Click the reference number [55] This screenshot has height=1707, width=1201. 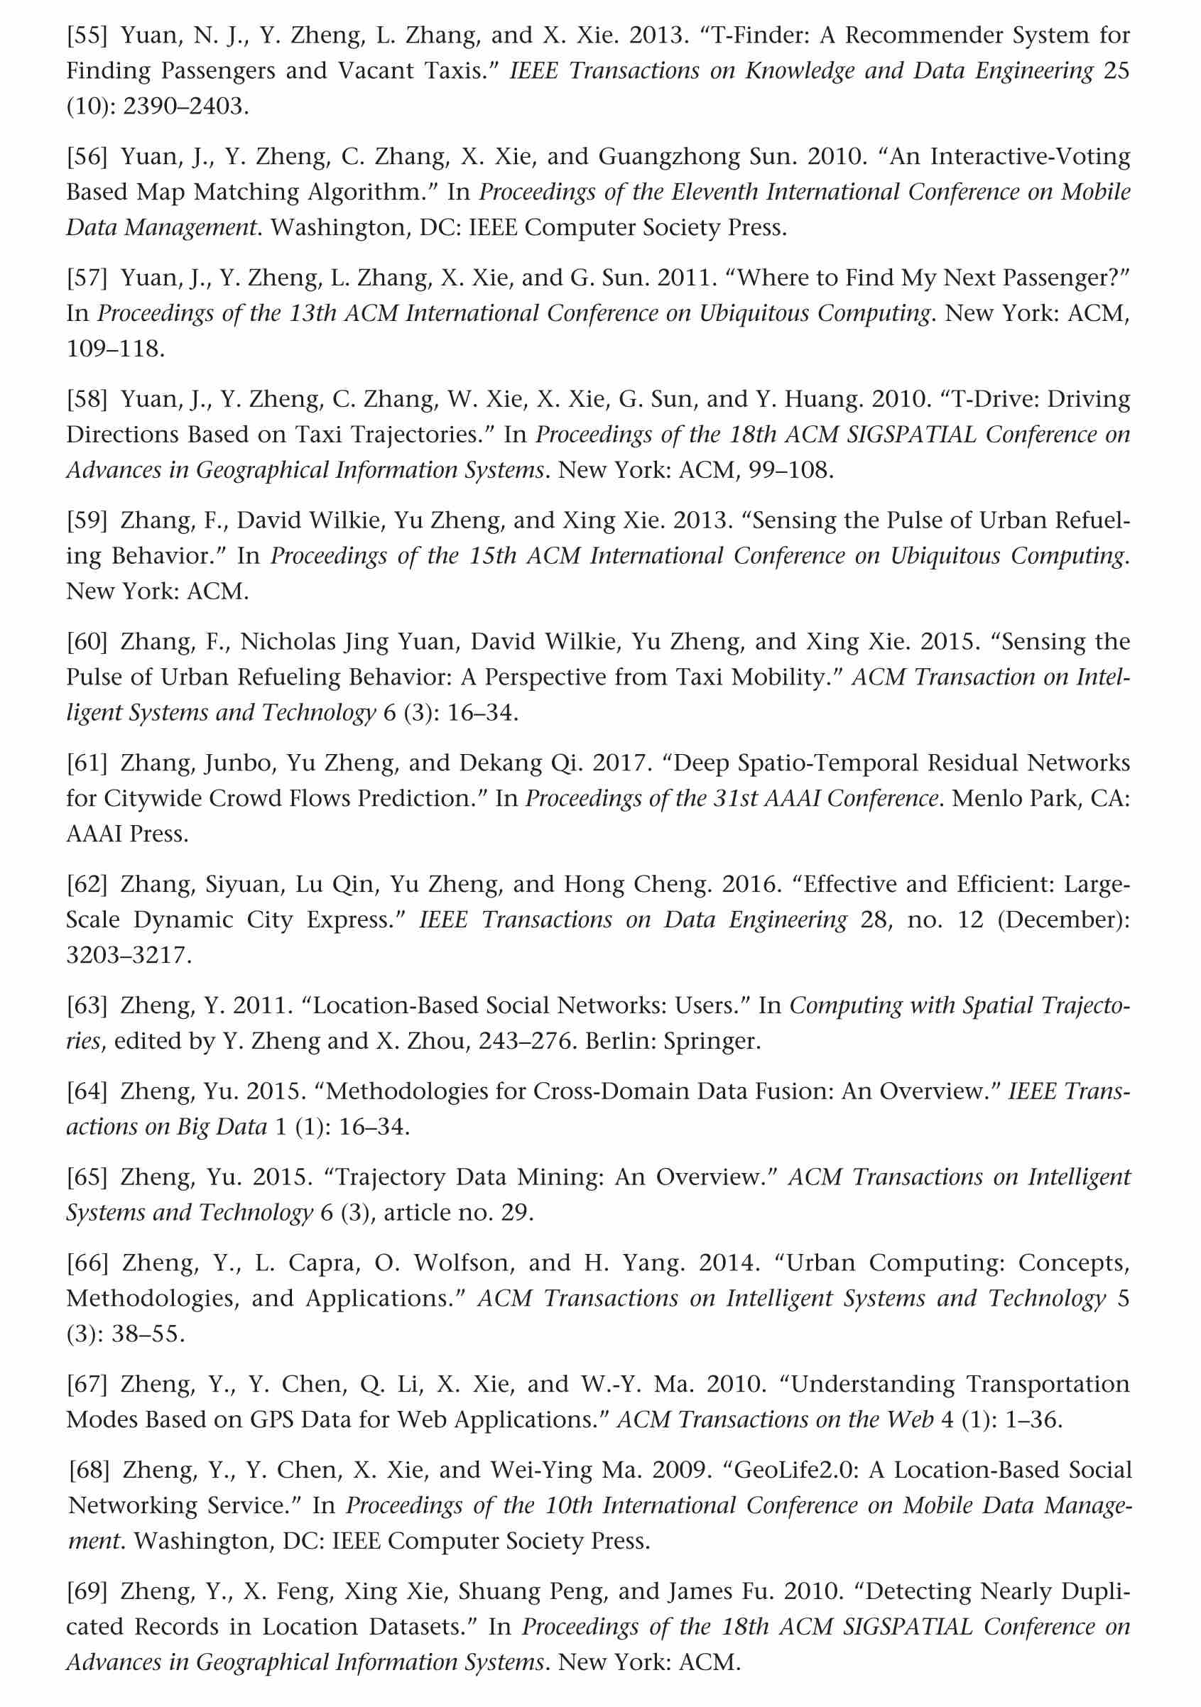point(87,36)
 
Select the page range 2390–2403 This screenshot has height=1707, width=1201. point(185,107)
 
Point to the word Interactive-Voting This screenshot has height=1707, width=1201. point(1030,157)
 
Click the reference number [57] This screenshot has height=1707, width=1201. point(87,278)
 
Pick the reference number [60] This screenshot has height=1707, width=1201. point(87,642)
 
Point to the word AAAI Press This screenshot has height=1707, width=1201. point(126,834)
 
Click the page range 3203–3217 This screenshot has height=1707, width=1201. point(128,954)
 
